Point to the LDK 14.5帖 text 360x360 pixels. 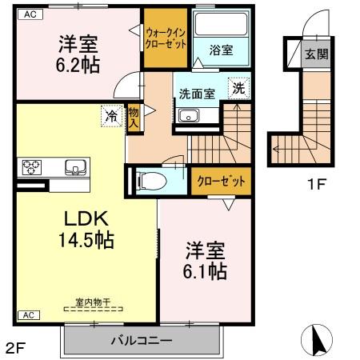click(x=82, y=228)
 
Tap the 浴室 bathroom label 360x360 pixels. click(x=222, y=50)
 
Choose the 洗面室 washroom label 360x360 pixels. click(x=196, y=93)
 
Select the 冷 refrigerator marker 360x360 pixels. click(x=112, y=116)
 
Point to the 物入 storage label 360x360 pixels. click(x=134, y=117)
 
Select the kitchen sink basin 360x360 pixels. click(x=74, y=168)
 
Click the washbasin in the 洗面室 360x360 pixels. click(x=190, y=118)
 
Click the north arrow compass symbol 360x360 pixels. click(x=314, y=341)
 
